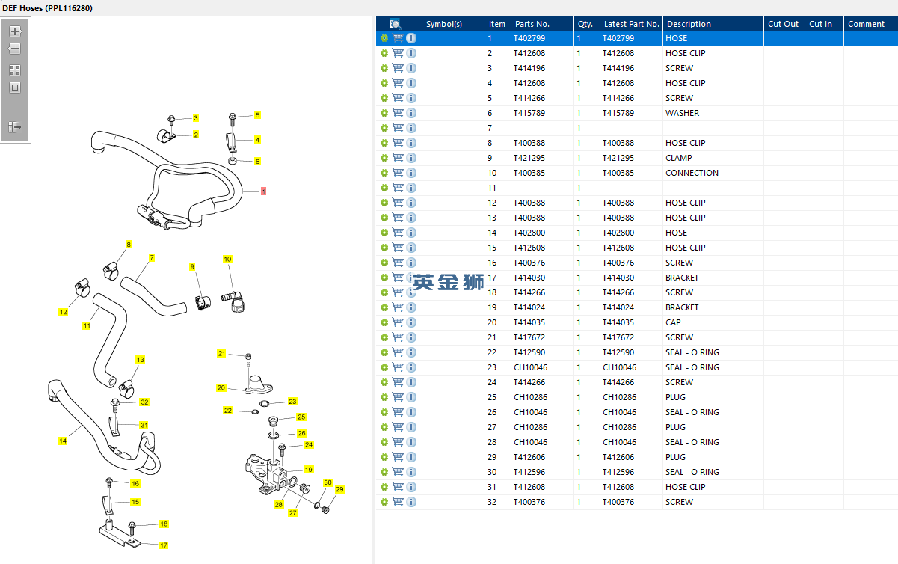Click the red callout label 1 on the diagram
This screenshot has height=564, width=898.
[263, 191]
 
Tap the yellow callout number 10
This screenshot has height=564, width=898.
[227, 259]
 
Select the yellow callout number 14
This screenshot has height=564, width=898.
[63, 441]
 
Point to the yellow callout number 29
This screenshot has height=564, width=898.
[339, 489]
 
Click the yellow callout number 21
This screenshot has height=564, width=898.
[221, 353]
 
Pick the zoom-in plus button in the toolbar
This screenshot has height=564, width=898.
[15, 31]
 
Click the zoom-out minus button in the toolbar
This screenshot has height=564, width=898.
[15, 49]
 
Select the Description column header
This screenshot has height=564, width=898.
[689, 24]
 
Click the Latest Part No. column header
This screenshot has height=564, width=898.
[631, 24]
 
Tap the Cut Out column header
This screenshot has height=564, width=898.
[783, 24]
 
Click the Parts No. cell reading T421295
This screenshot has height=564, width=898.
[529, 158]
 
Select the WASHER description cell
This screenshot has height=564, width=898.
[682, 113]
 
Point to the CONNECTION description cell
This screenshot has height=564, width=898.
[692, 173]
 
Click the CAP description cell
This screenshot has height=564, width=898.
[673, 322]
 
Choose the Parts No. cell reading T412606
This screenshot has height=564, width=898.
[529, 457]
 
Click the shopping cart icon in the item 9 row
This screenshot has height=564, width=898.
[398, 158]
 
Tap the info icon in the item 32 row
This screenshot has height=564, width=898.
[411, 502]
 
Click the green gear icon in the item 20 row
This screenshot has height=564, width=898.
[384, 322]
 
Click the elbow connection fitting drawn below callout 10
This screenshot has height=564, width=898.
[233, 301]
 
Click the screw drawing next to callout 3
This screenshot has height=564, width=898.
[171, 120]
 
